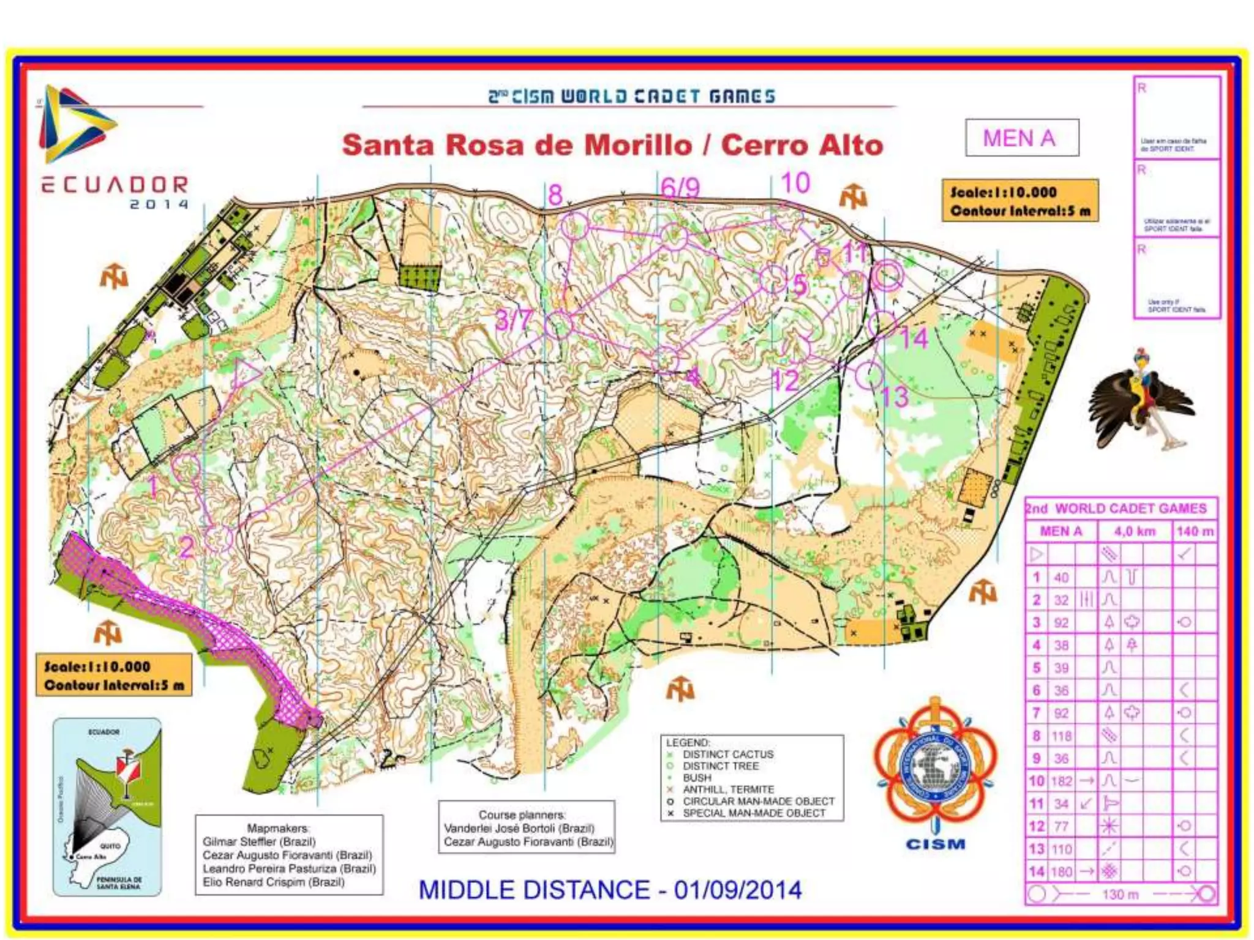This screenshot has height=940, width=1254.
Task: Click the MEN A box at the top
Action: (x=1021, y=138)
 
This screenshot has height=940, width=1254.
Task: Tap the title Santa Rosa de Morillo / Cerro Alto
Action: (x=612, y=146)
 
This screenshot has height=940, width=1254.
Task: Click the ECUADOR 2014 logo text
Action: (x=115, y=190)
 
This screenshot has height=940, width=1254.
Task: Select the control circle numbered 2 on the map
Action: (x=218, y=539)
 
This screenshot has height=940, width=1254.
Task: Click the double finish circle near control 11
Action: (x=887, y=275)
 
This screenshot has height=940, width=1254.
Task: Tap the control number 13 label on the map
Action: (x=895, y=397)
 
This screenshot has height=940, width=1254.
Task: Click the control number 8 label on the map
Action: (x=555, y=195)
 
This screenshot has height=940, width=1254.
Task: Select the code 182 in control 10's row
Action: (x=1062, y=781)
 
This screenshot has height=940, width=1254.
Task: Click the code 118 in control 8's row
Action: (x=1062, y=736)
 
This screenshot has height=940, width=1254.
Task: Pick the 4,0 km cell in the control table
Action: (x=1135, y=531)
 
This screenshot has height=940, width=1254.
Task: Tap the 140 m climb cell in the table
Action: (x=1195, y=531)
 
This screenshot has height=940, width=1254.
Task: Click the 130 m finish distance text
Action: (x=1121, y=894)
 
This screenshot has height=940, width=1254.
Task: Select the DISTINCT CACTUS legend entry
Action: (x=727, y=755)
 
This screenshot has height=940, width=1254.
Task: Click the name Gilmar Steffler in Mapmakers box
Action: (x=259, y=841)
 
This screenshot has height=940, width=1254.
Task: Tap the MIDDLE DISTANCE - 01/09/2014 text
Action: (x=610, y=890)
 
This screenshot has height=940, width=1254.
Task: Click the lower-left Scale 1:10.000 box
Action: (x=114, y=675)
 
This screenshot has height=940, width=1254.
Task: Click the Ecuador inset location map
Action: (x=108, y=807)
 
